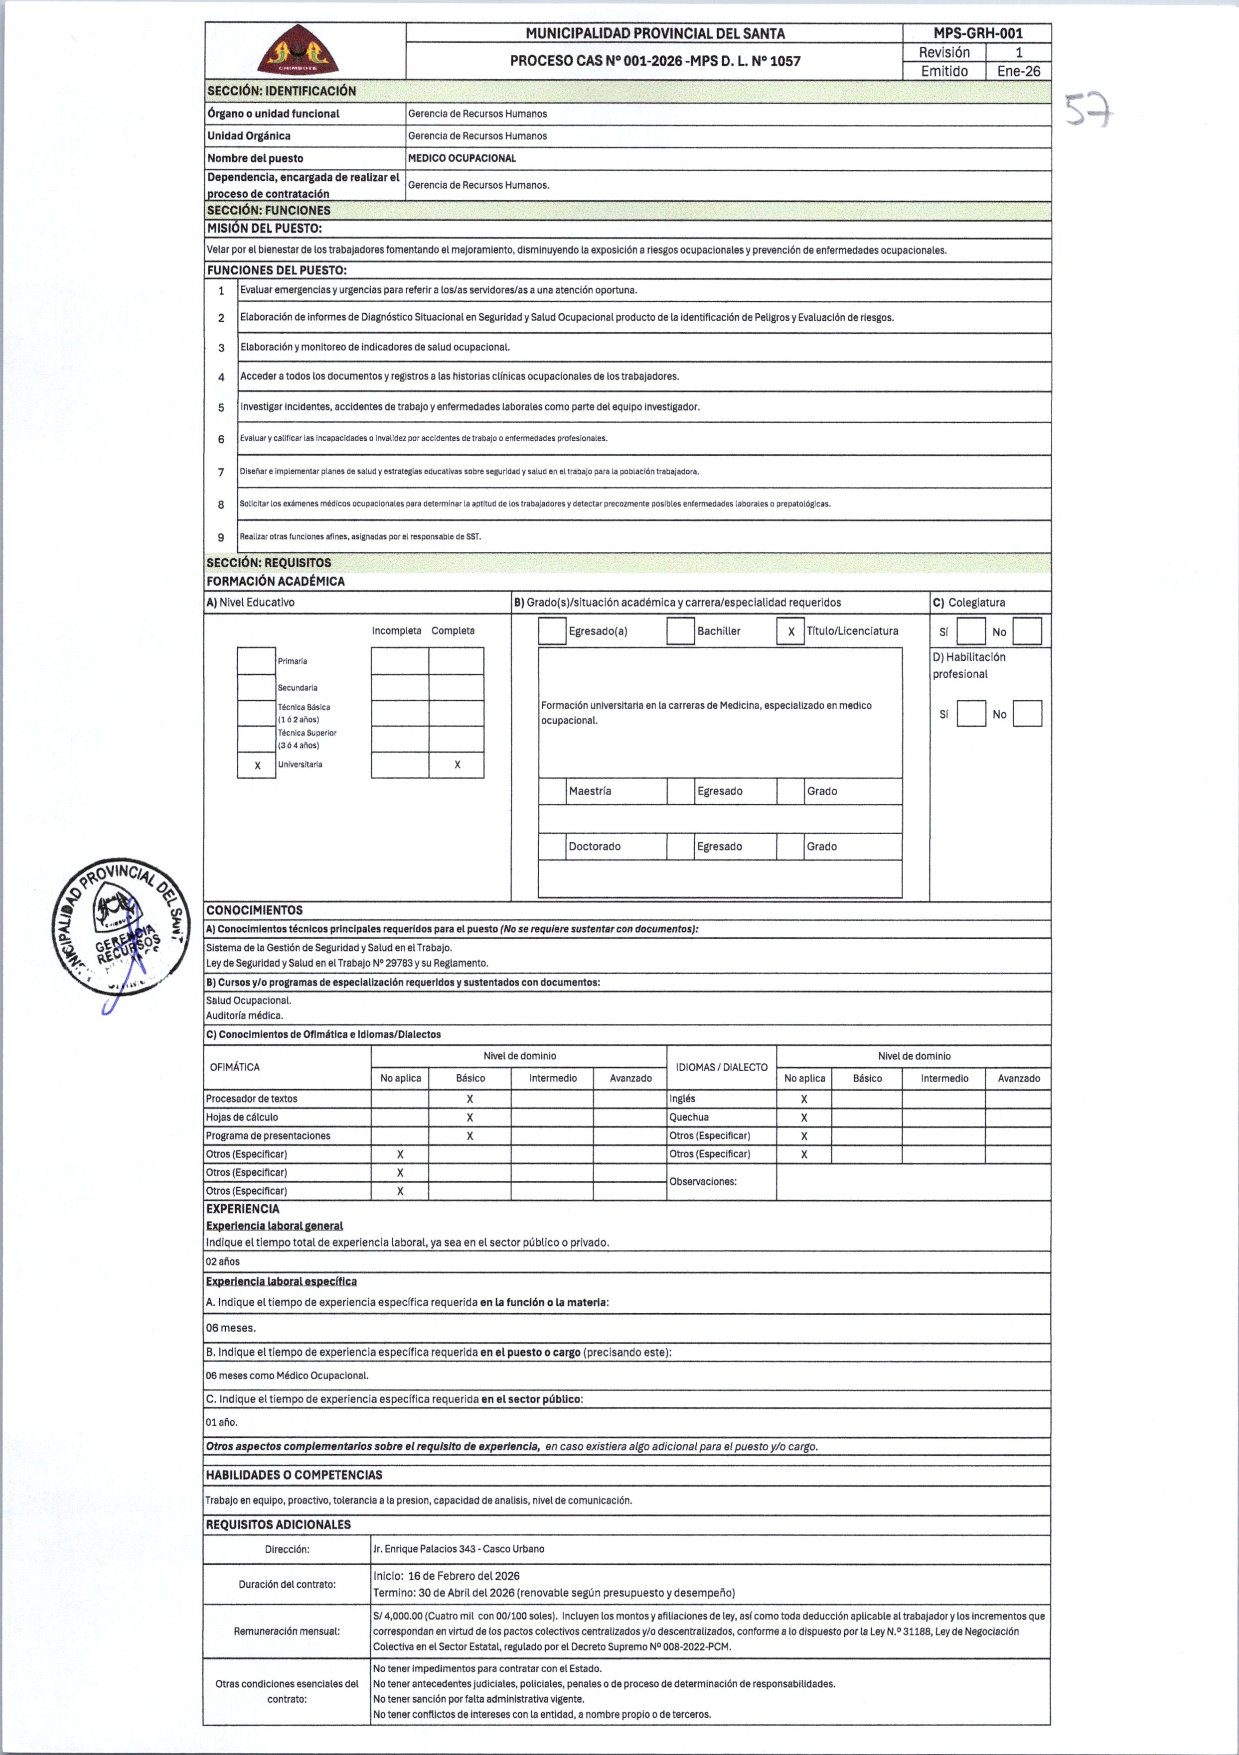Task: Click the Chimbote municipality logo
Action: pos(298,50)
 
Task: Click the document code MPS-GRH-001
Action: pos(977,33)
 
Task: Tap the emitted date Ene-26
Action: pos(1019,71)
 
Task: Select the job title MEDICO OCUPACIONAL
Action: pos(462,158)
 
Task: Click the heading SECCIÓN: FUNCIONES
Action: pos(269,210)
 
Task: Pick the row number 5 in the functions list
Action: pos(221,407)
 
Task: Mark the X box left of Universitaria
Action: pos(257,765)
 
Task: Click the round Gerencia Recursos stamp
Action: pos(120,926)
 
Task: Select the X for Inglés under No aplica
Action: pos(804,1099)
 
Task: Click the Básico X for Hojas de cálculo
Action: pos(469,1118)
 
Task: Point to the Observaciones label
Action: pos(703,1182)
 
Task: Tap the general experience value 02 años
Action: pos(223,1261)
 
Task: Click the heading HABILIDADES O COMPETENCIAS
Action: pos(294,1475)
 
